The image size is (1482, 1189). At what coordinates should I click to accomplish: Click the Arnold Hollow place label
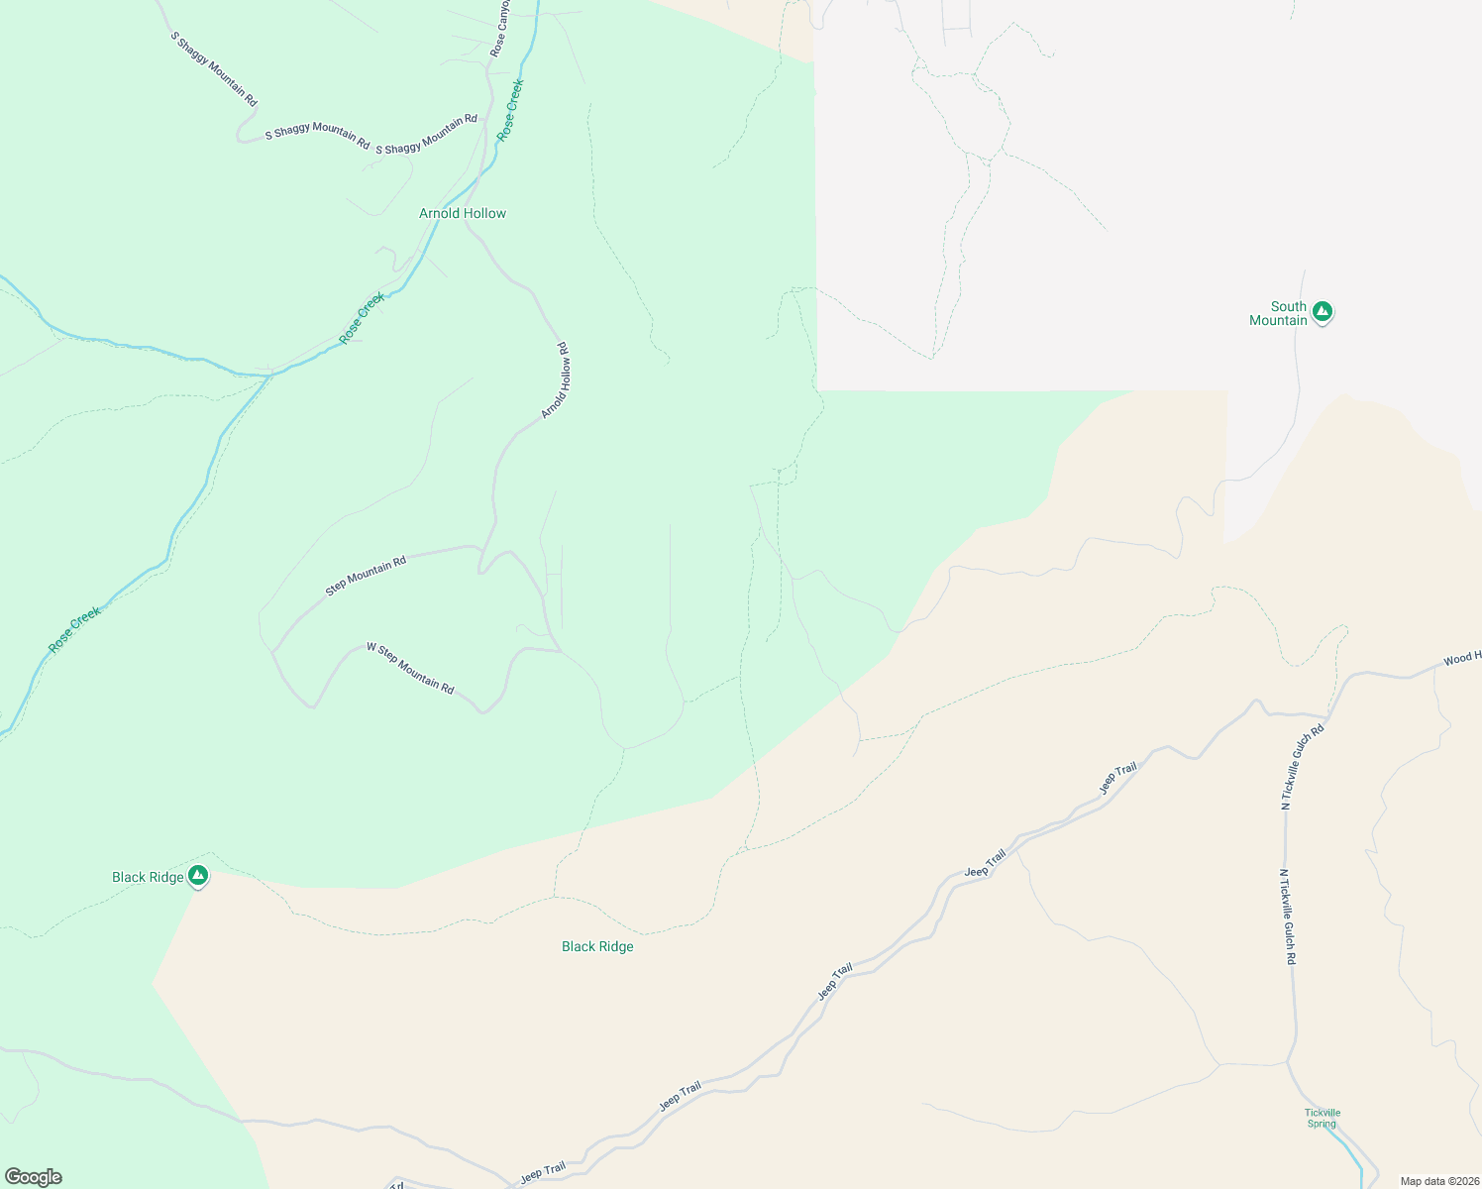[x=462, y=213]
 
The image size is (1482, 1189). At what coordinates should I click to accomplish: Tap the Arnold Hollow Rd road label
[x=555, y=380]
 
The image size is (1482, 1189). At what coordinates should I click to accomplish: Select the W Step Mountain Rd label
[x=410, y=668]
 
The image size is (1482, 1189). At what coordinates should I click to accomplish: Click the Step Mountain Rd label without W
[x=366, y=576]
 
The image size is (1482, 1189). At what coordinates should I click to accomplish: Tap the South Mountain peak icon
[x=1322, y=312]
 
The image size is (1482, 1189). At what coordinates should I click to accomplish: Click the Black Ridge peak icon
[x=198, y=875]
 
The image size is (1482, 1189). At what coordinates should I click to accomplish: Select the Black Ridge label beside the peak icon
[x=148, y=877]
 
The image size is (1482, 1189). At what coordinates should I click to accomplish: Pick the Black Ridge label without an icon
[x=597, y=946]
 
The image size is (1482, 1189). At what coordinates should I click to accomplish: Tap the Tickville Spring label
[x=1322, y=1118]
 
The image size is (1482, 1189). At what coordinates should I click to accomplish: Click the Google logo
[x=34, y=1177]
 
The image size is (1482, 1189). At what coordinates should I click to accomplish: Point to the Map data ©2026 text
[x=1438, y=1181]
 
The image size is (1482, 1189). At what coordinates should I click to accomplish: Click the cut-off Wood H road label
[x=1462, y=658]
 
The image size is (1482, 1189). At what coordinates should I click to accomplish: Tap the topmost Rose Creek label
[x=510, y=109]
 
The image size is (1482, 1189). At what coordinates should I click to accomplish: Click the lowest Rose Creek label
[x=74, y=629]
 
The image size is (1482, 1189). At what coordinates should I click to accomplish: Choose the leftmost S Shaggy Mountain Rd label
[x=214, y=68]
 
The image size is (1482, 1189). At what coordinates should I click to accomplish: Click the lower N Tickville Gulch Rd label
[x=1288, y=917]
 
